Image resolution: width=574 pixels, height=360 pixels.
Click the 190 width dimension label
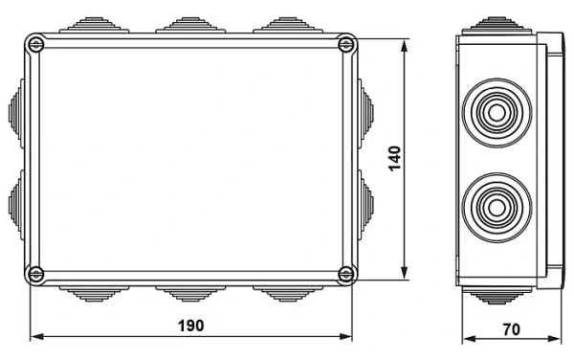[191, 326]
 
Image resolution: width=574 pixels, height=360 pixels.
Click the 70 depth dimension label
[511, 328]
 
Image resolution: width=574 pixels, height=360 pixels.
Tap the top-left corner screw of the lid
[36, 43]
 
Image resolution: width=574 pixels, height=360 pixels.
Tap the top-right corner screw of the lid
[345, 43]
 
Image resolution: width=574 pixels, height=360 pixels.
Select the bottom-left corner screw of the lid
[36, 275]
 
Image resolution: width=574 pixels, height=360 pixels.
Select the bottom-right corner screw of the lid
[345, 275]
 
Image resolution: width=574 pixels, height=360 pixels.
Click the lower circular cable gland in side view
[497, 205]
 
